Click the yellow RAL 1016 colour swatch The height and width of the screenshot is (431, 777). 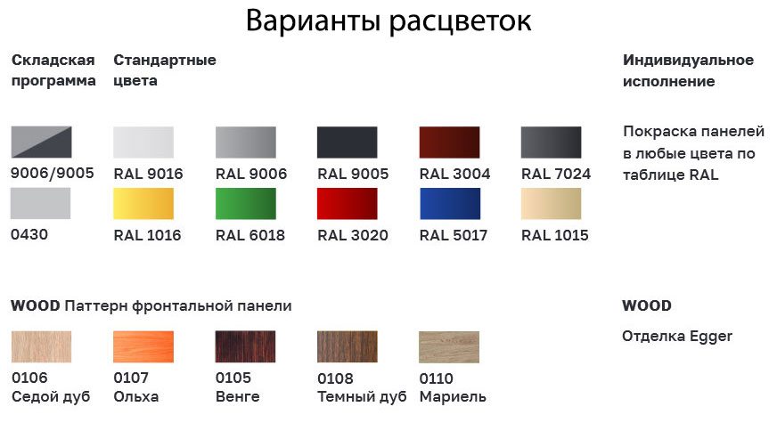coord(143,203)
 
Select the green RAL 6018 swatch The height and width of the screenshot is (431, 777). coord(246,203)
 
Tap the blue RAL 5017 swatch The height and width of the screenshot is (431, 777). coord(449,203)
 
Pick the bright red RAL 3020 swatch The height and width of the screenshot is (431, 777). coord(348,203)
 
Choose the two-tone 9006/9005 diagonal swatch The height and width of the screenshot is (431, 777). coord(42,142)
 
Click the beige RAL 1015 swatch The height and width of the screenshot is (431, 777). coord(551,203)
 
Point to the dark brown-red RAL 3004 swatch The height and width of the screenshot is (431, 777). coord(449,142)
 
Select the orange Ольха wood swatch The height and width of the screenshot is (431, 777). coord(143,346)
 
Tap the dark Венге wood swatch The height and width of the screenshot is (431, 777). coord(246,346)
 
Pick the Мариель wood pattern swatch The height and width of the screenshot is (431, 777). coord(449,346)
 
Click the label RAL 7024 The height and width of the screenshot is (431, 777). coord(556,174)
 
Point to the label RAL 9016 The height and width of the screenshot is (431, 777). coord(148,174)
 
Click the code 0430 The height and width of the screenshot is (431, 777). coord(29,234)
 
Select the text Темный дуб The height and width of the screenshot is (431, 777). coord(362,397)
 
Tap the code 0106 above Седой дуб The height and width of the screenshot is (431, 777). coord(29,378)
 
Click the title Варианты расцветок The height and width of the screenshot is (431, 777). coord(388,20)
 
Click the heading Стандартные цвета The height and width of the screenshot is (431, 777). coord(165,70)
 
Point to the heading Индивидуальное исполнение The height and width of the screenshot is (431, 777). coord(688,71)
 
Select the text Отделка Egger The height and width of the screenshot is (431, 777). coord(677,337)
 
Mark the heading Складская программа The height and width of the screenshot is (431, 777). coord(53,70)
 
